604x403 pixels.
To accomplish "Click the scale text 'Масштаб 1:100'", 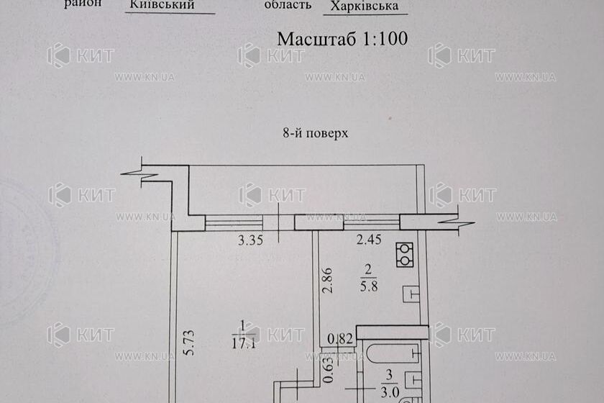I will tap(342, 39).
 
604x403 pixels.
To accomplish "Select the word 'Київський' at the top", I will tap(163, 5).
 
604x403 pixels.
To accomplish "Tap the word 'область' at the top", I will tap(288, 5).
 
